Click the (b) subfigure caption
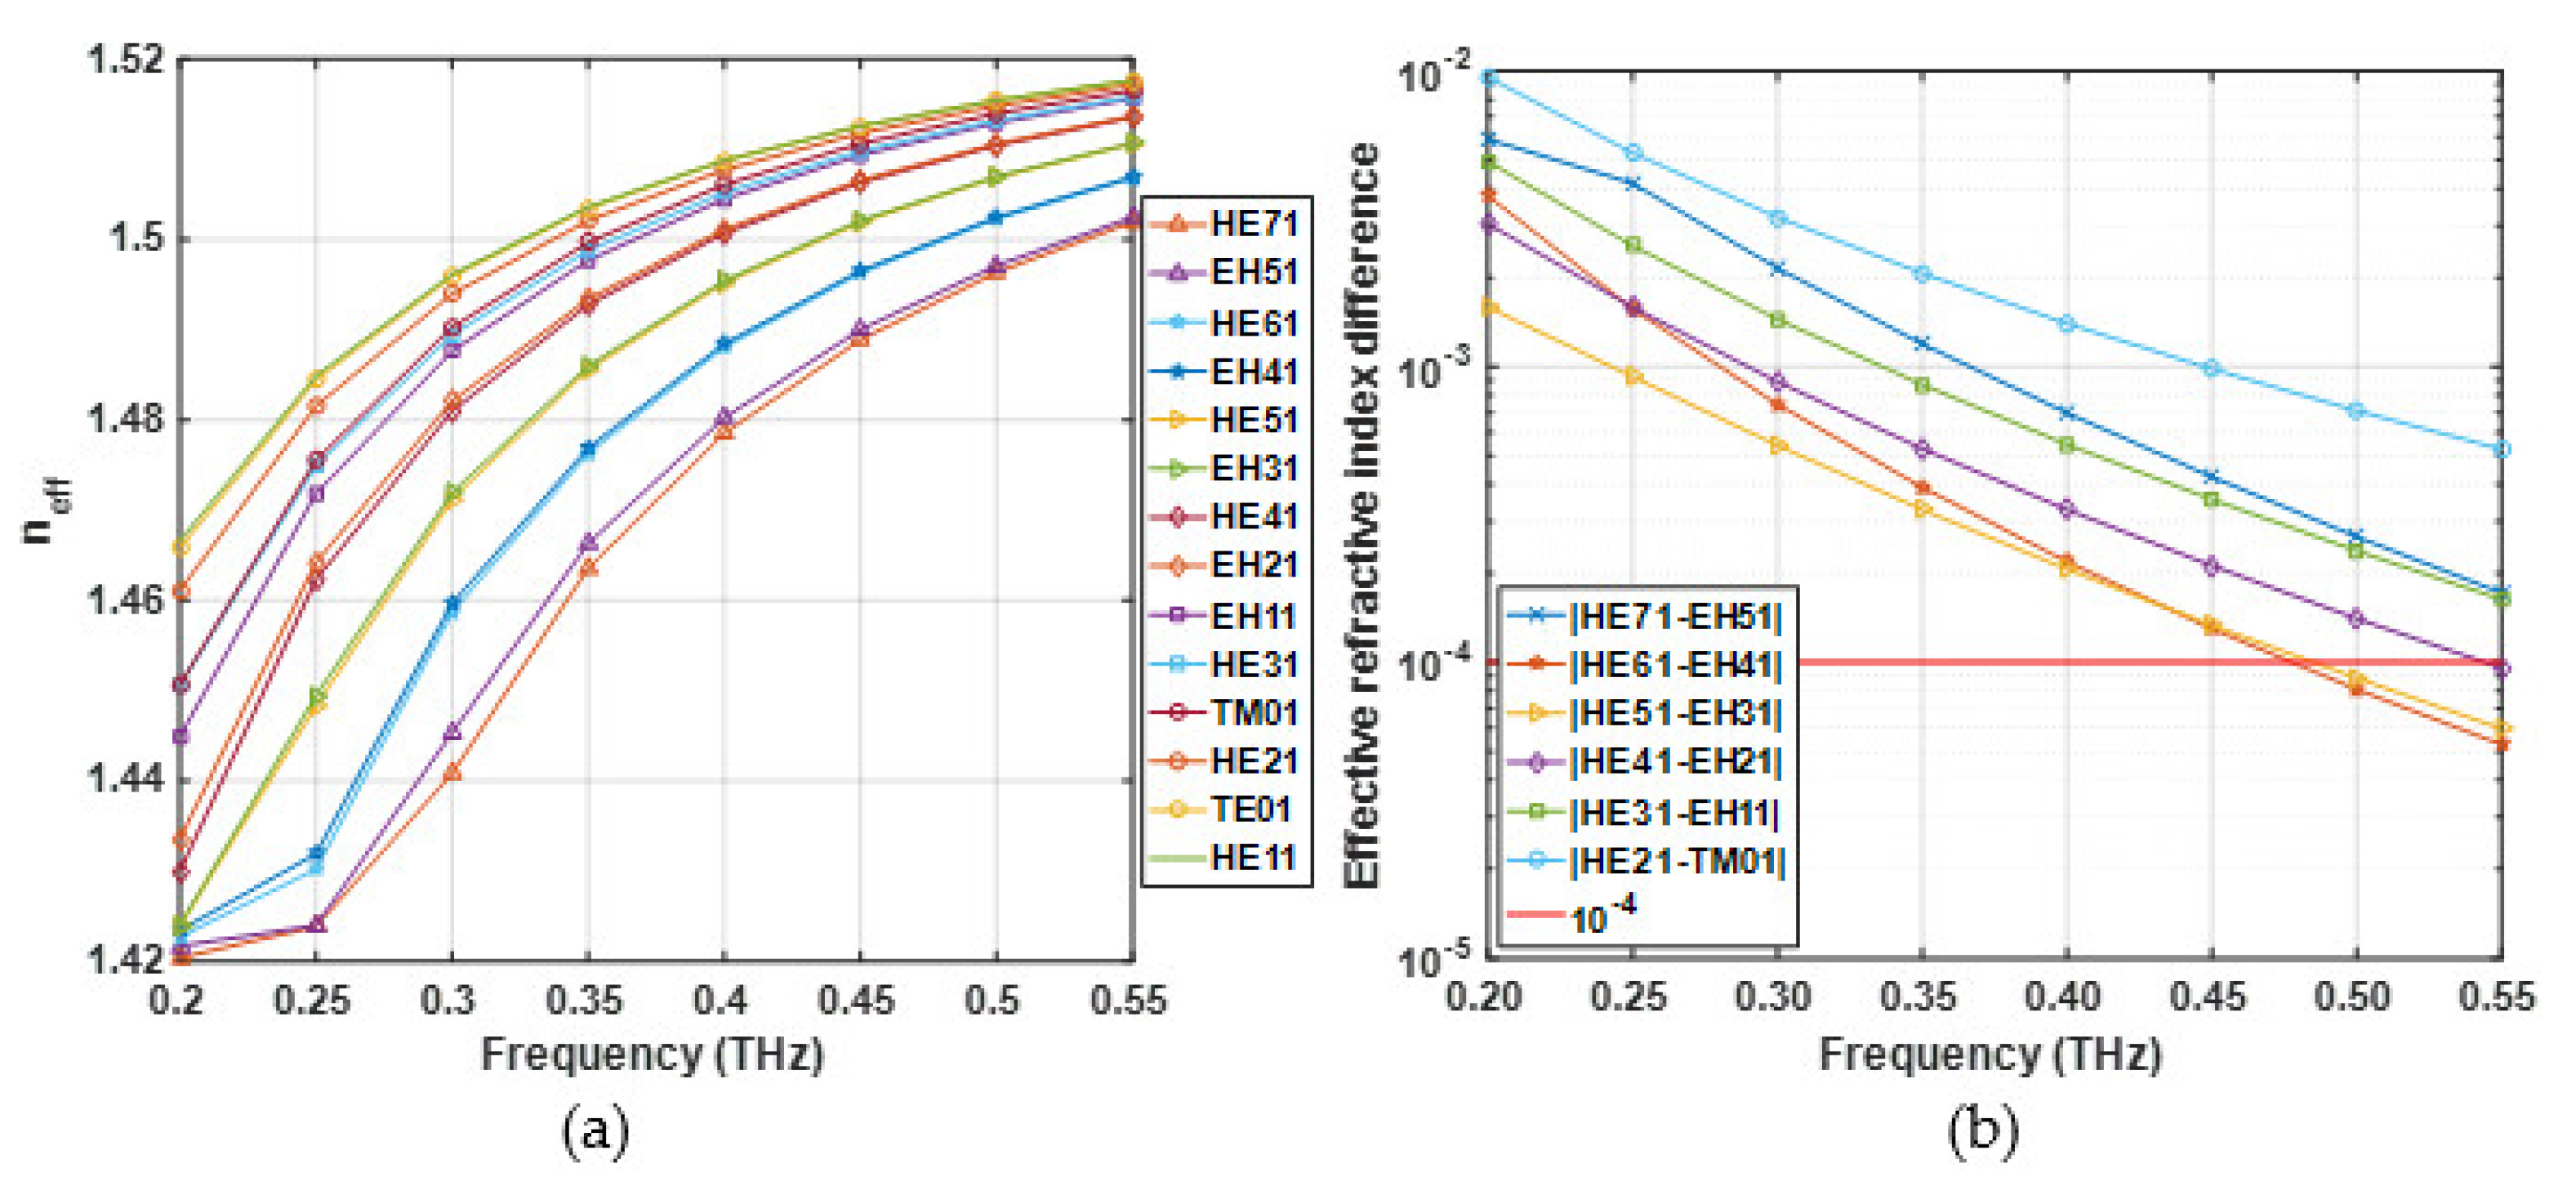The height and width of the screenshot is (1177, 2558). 1983,1131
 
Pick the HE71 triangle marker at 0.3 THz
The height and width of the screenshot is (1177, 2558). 452,772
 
